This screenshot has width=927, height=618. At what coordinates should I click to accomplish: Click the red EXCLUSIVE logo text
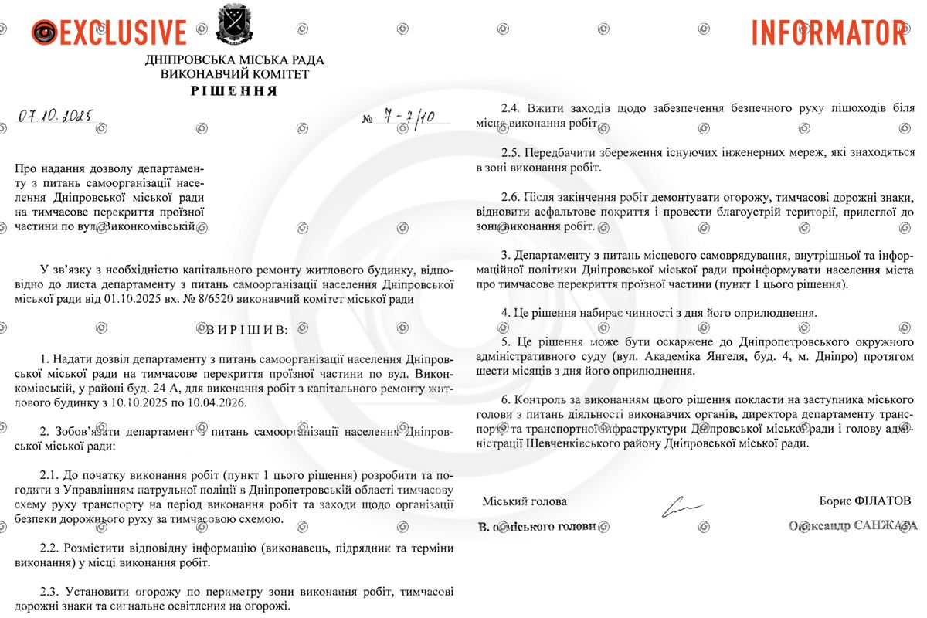pos(124,32)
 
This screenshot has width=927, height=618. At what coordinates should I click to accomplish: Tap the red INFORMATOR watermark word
pos(829,32)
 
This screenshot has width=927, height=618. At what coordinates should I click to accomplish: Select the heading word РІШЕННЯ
pos(234,90)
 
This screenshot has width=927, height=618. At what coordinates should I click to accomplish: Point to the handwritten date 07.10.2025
pos(56,116)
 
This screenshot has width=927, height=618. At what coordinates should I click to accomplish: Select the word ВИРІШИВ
pos(246,330)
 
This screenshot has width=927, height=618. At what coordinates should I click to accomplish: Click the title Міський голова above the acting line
pos(524,501)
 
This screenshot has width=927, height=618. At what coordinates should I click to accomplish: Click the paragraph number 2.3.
pos(49,592)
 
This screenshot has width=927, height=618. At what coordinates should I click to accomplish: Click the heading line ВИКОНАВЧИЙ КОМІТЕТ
pos(234,75)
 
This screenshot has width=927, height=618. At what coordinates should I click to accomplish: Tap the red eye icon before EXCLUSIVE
pos(44,32)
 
